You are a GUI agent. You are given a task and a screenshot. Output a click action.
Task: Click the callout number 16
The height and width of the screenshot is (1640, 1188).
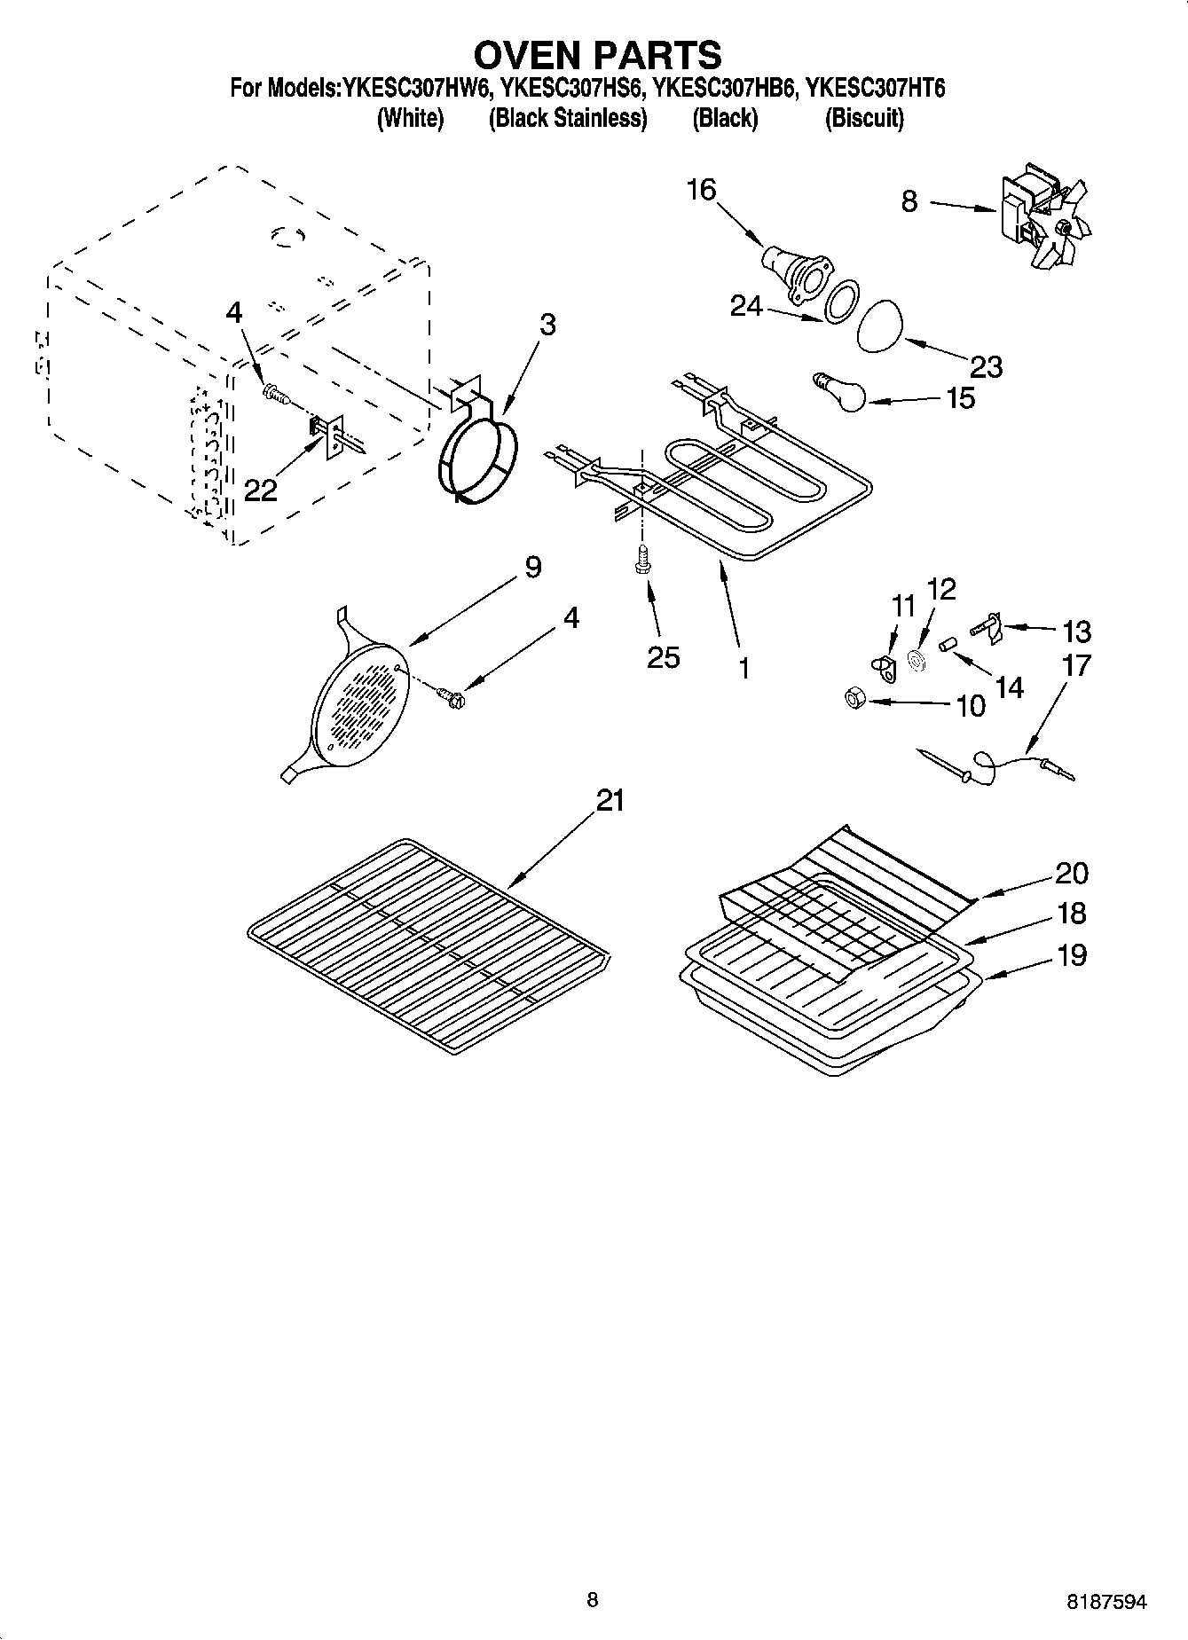[701, 189]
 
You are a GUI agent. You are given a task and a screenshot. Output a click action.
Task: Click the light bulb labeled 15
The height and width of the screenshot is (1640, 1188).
[842, 394]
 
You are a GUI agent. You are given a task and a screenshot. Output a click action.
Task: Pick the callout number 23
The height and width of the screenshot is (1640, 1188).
[986, 365]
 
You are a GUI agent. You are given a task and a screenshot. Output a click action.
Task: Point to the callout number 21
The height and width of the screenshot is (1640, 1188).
[610, 800]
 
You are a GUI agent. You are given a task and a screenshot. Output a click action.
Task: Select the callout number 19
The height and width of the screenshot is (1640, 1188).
[1072, 954]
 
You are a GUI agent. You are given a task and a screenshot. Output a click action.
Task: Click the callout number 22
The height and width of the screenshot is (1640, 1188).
[260, 489]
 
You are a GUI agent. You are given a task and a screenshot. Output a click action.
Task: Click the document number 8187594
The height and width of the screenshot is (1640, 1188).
[1105, 1601]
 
